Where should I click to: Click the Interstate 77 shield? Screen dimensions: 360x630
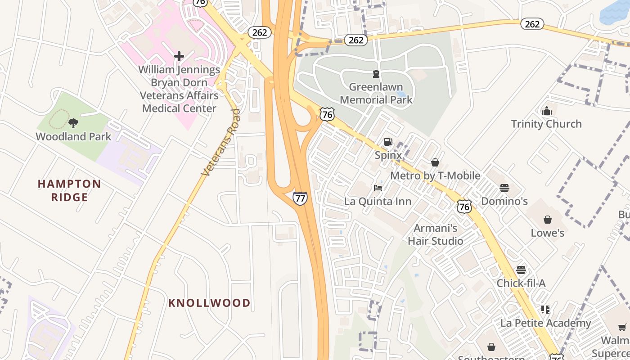click(300, 198)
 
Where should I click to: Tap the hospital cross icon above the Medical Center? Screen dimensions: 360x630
click(179, 56)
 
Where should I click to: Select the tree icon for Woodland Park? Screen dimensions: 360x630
click(73, 123)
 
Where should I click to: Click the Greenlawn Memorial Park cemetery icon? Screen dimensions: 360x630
click(376, 74)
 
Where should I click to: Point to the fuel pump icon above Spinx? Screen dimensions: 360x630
click(388, 142)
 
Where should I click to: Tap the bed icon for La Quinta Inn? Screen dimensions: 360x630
click(378, 188)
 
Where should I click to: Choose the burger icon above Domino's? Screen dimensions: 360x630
click(504, 188)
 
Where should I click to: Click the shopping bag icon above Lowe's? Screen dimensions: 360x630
click(548, 220)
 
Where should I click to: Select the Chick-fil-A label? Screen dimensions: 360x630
click(521, 283)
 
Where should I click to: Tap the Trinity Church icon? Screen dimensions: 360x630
click(547, 111)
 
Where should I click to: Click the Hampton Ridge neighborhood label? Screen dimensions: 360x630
click(69, 190)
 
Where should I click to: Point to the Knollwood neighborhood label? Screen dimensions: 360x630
click(209, 303)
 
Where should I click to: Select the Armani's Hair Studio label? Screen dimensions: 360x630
click(435, 234)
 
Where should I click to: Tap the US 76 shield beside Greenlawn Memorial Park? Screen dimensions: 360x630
click(328, 114)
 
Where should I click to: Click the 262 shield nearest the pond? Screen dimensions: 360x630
click(532, 24)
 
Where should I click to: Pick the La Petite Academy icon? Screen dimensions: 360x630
click(545, 310)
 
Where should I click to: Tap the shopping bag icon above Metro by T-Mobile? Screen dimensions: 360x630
click(435, 162)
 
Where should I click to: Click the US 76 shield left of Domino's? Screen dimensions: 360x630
click(464, 206)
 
